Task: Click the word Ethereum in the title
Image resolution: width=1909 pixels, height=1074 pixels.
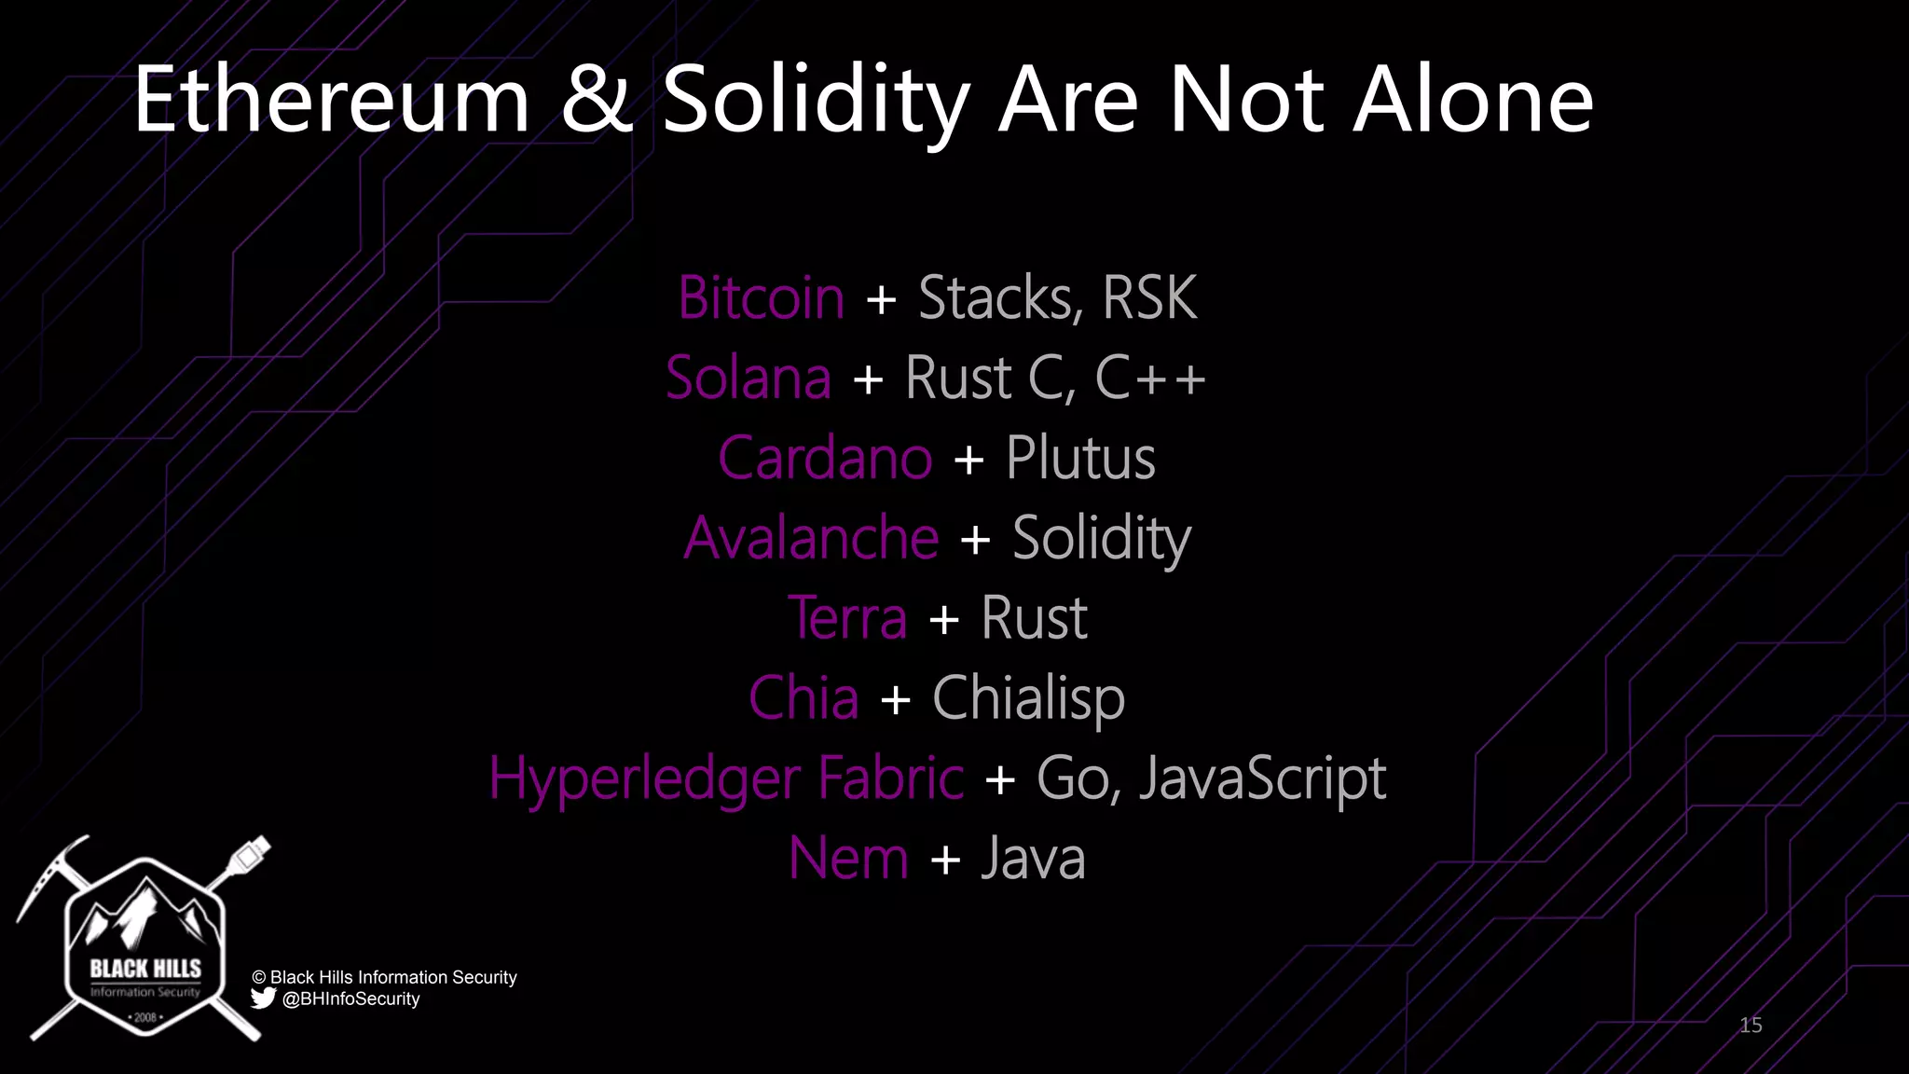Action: pyautogui.click(x=332, y=101)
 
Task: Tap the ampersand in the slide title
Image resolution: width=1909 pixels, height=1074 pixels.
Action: pyautogui.click(x=596, y=101)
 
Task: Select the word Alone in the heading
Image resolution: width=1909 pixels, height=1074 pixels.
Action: pyautogui.click(x=1473, y=101)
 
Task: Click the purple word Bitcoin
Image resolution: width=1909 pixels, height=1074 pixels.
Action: pyautogui.click(x=761, y=298)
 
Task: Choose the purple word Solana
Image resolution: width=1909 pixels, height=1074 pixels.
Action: pyautogui.click(x=748, y=379)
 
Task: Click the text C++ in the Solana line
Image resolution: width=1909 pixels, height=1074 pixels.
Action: pyautogui.click(x=1150, y=379)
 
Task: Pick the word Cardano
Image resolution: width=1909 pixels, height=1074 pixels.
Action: pyautogui.click(x=825, y=459)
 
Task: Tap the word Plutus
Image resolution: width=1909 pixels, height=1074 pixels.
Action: pyautogui.click(x=1080, y=459)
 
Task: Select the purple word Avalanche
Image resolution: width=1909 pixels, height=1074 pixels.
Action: pyautogui.click(x=811, y=539)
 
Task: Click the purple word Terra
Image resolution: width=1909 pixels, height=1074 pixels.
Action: pyautogui.click(x=847, y=618)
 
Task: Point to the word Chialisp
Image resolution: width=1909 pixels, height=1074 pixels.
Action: pyautogui.click(x=1028, y=698)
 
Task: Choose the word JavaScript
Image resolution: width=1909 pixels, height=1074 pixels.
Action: pyautogui.click(x=1262, y=778)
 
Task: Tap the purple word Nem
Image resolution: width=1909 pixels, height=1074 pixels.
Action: pyautogui.click(x=848, y=859)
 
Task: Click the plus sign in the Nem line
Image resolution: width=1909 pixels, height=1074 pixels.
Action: pyautogui.click(x=945, y=860)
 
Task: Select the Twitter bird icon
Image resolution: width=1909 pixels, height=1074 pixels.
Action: pyautogui.click(x=263, y=998)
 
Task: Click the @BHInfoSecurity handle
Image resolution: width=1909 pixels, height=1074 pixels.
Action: pyautogui.click(x=350, y=998)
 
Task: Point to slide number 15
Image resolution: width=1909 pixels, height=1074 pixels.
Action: pyautogui.click(x=1751, y=1026)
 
